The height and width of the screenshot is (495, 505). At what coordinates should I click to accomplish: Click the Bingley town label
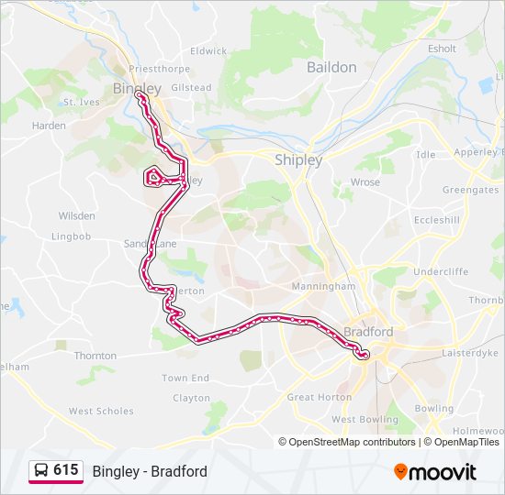pos(136,88)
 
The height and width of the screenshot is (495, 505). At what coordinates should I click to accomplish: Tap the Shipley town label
pos(298,159)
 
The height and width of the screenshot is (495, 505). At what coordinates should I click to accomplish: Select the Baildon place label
pos(331,67)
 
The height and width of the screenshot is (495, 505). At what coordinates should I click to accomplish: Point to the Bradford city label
pos(368,331)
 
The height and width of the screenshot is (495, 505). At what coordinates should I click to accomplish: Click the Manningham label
pos(323,286)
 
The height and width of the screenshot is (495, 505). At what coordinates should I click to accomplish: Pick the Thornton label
pos(95,356)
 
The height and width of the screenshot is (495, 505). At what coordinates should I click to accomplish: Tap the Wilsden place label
pos(76,216)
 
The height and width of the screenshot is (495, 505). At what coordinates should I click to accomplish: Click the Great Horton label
pos(319,397)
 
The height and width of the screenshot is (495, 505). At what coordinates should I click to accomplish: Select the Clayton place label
pos(191,398)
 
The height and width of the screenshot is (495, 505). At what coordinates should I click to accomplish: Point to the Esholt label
pos(442,49)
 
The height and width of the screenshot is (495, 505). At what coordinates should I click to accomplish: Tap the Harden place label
pos(49,126)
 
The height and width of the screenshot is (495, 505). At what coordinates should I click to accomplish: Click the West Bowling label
pos(357,419)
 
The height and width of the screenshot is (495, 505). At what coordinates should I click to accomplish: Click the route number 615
pos(65,470)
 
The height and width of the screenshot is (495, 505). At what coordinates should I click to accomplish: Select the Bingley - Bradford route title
pos(150,471)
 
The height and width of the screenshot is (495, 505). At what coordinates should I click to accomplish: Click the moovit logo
pos(435,471)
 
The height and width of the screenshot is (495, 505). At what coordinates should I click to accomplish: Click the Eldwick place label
pos(208,51)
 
